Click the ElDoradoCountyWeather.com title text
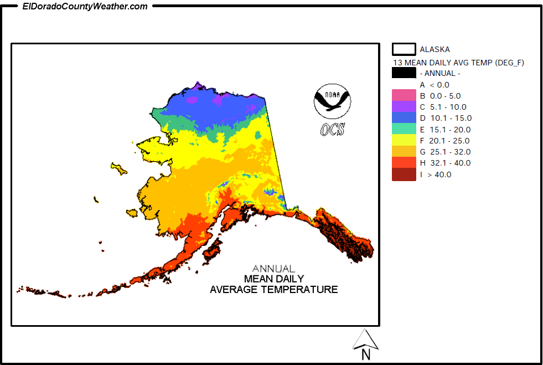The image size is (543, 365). pyautogui.click(x=85, y=7)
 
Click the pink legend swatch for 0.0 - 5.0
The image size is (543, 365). pyautogui.click(x=404, y=95)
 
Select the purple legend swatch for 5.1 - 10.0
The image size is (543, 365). pyautogui.click(x=404, y=106)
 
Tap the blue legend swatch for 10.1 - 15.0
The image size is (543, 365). pyautogui.click(x=404, y=117)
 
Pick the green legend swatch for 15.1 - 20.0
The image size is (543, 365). pyautogui.click(x=404, y=129)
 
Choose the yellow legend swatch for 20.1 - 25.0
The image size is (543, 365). pyautogui.click(x=404, y=140)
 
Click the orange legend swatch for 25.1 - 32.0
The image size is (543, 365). pyautogui.click(x=404, y=151)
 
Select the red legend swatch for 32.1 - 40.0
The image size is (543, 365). pyautogui.click(x=404, y=163)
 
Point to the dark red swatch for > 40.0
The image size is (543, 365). pyautogui.click(x=404, y=174)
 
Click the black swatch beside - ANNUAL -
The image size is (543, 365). pyautogui.click(x=404, y=73)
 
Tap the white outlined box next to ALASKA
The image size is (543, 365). pyautogui.click(x=404, y=49)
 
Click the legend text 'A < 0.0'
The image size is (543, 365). pyautogui.click(x=435, y=85)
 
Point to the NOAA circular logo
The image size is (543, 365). pyautogui.click(x=332, y=101)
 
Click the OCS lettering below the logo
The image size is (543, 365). pyautogui.click(x=332, y=129)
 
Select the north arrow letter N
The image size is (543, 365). pyautogui.click(x=365, y=354)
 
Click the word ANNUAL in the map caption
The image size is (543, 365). pyautogui.click(x=273, y=269)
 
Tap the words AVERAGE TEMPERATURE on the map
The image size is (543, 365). pyautogui.click(x=273, y=289)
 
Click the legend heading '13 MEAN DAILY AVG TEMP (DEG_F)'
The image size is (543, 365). pyautogui.click(x=458, y=63)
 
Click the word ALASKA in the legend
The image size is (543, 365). pyautogui.click(x=435, y=49)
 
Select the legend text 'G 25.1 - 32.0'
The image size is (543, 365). pyautogui.click(x=445, y=152)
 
